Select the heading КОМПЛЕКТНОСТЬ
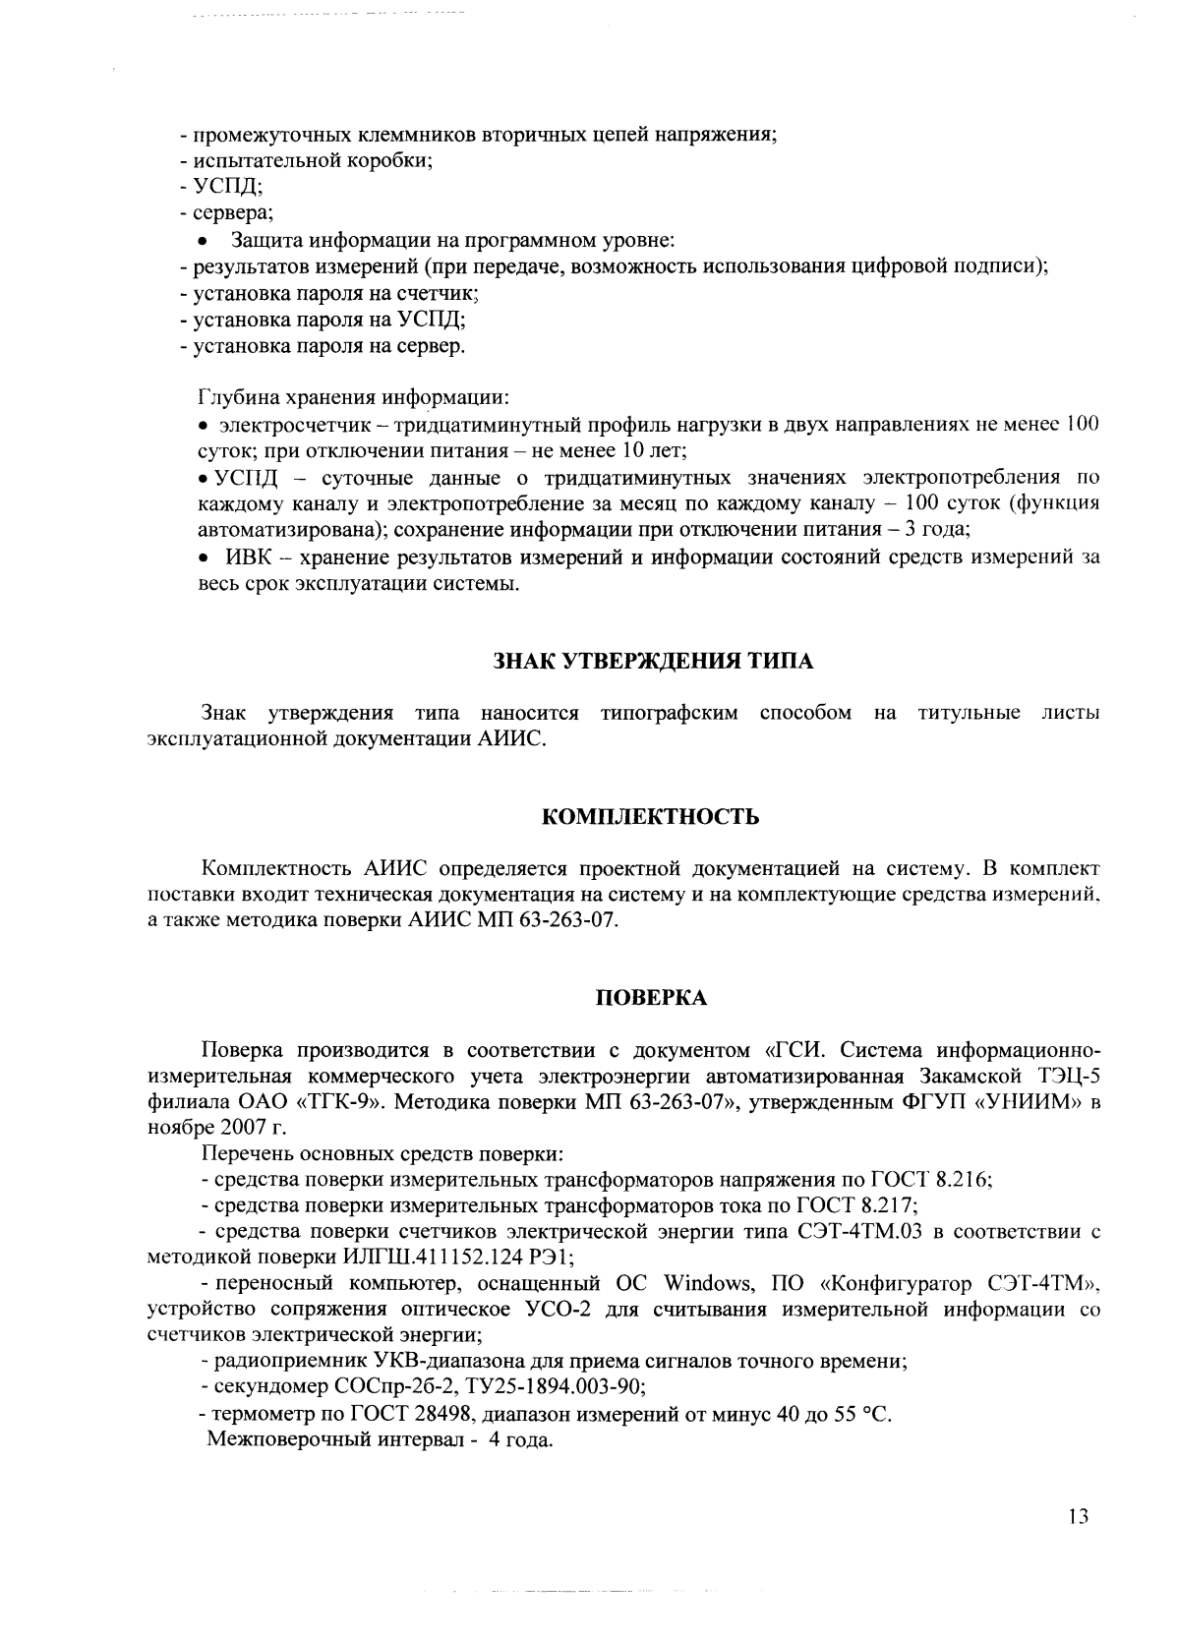(x=652, y=817)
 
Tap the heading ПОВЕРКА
(x=653, y=998)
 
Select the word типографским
(x=669, y=713)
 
